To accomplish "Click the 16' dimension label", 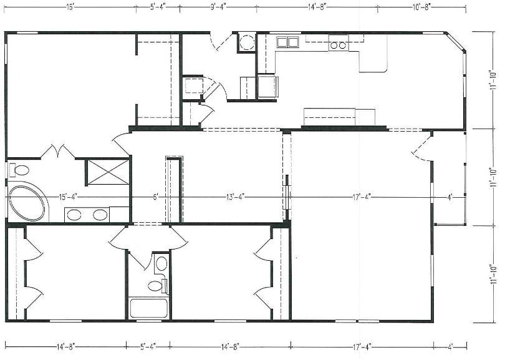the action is [70, 7].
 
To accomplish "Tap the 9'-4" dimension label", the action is [219, 7].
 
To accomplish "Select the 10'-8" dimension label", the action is [421, 7].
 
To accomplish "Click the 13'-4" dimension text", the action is [235, 197].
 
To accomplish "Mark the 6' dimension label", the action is [156, 197].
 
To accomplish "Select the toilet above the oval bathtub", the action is [19, 170].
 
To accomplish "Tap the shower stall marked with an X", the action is [108, 172].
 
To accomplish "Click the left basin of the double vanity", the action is [74, 215].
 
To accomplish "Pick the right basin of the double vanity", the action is [100, 215].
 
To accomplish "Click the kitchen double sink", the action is [287, 42].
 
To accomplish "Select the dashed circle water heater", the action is [248, 42].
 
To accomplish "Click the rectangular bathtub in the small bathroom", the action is [149, 308].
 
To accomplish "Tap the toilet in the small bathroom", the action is [157, 286].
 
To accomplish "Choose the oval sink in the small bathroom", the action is [161, 264].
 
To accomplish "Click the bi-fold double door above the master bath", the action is [58, 152].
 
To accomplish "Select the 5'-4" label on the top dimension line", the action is [158, 7].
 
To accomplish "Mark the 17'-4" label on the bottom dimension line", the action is [362, 347].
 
